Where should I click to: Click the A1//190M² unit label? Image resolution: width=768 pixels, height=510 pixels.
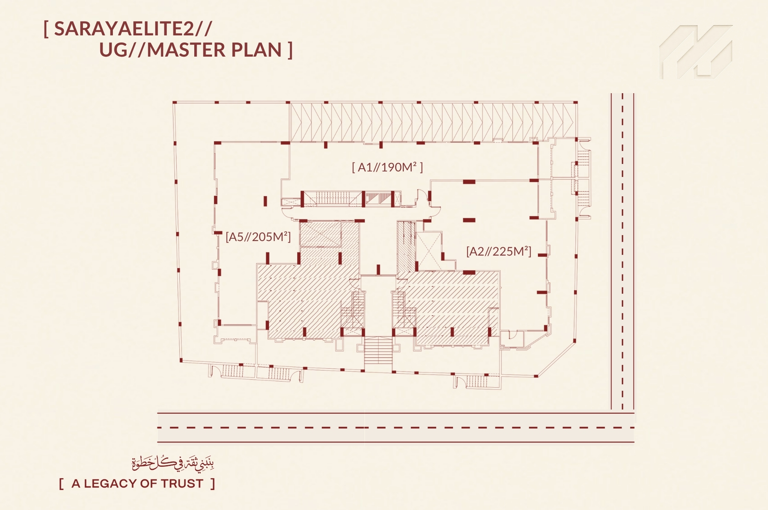387,168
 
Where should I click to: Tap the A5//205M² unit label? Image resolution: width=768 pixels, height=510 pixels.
258,237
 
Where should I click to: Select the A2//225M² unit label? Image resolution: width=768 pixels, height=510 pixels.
499,251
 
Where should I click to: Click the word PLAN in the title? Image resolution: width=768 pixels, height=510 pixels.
256,50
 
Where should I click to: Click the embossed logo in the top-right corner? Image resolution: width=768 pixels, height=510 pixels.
696,52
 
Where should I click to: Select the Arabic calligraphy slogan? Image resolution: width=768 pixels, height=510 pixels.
173,463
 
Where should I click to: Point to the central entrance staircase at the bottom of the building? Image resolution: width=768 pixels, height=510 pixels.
378,351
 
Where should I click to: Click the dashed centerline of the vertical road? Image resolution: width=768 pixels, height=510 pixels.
623,252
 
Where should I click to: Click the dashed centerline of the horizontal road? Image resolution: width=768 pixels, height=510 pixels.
396,427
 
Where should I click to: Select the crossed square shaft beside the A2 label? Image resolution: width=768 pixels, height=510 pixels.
429,250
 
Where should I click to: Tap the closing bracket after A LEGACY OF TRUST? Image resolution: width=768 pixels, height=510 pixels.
213,484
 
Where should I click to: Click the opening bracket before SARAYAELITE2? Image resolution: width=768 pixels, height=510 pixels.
46,29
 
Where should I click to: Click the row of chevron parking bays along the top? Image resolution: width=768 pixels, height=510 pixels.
432,122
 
